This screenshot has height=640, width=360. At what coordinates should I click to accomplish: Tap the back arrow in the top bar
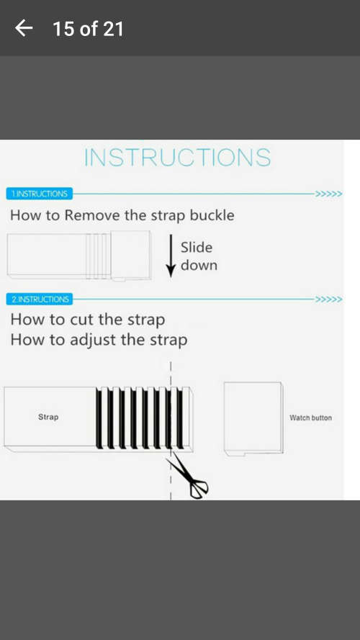(24, 28)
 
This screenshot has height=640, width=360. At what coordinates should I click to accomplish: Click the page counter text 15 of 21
(88, 29)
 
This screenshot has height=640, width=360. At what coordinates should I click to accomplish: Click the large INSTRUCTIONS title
(178, 158)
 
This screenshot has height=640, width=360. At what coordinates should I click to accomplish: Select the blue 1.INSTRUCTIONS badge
(39, 194)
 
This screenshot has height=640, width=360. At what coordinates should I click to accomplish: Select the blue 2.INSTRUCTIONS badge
(40, 299)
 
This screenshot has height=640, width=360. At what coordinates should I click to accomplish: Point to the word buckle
(212, 215)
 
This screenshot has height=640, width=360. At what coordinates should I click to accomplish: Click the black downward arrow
(171, 256)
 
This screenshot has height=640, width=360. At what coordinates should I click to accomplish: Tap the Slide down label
(199, 256)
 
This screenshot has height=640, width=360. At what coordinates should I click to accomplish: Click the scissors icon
(188, 476)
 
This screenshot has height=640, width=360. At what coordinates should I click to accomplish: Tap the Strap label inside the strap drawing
(48, 417)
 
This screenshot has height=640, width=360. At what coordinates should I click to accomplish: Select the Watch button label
(310, 418)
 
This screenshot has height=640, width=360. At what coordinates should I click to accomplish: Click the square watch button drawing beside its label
(253, 418)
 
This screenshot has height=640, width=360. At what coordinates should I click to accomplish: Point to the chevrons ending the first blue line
(328, 194)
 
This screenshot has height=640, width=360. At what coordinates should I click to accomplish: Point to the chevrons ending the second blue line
(328, 299)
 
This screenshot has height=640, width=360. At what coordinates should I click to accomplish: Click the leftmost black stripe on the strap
(99, 417)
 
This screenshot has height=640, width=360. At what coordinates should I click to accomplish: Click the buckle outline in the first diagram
(130, 256)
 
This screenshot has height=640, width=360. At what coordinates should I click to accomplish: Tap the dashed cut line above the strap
(171, 374)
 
